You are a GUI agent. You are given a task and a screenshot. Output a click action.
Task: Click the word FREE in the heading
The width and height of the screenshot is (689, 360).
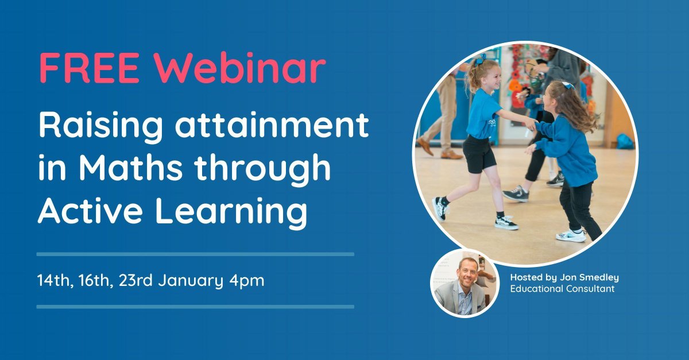[x=88, y=68]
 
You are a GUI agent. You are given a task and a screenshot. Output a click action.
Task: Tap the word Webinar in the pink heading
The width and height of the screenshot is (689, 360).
[x=239, y=68]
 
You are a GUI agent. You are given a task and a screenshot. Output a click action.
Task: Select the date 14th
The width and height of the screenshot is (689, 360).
[x=54, y=281]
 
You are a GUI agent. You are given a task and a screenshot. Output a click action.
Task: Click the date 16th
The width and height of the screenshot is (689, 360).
[x=94, y=281]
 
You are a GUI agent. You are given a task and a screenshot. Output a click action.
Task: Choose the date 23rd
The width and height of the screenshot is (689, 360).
[x=134, y=281]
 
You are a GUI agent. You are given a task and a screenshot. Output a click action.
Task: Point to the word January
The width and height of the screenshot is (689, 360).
[x=190, y=281]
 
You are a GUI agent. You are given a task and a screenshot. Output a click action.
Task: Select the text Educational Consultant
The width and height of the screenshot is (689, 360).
[x=562, y=289]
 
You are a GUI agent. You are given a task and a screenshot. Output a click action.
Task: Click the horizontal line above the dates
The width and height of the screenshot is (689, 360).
[x=195, y=254]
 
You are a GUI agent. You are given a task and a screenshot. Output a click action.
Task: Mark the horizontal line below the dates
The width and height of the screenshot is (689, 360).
[x=195, y=307]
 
